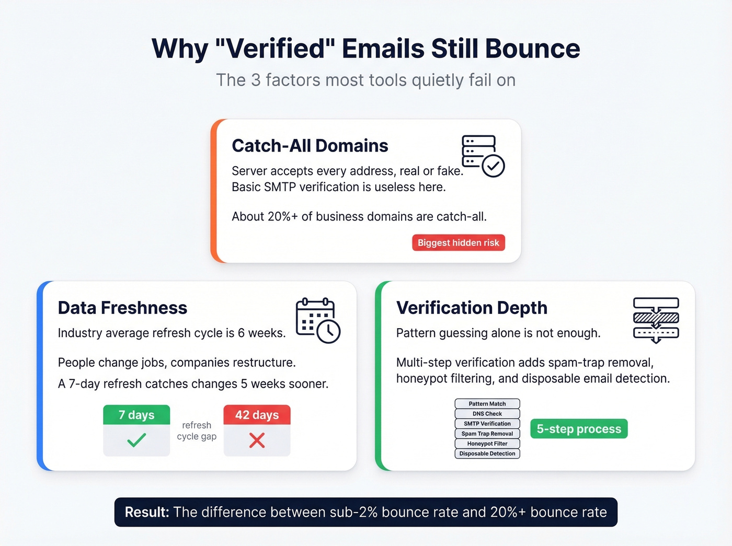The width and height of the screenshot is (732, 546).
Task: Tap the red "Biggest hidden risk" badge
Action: (459, 242)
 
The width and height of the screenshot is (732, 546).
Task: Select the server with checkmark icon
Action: (482, 156)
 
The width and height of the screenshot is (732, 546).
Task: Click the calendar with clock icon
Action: (317, 320)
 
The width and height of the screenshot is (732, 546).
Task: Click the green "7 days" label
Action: (136, 415)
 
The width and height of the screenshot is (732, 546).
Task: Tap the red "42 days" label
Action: (257, 415)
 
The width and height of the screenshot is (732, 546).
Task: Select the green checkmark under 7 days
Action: (136, 440)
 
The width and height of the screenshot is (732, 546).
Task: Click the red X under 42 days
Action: (257, 440)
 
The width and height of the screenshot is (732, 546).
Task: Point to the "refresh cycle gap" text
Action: (197, 431)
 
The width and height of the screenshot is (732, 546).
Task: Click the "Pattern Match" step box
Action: (487, 403)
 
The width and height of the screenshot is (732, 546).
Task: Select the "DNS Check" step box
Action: (487, 413)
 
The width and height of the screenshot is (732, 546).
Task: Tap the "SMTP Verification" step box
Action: (487, 424)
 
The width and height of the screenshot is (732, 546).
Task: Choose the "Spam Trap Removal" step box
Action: (487, 434)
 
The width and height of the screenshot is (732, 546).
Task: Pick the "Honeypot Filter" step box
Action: (487, 444)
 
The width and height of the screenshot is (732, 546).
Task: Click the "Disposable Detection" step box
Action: (487, 454)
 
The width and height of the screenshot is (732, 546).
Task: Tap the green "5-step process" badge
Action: (579, 429)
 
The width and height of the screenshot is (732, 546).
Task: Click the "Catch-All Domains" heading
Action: (310, 146)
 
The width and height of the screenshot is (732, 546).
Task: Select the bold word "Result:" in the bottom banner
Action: (147, 512)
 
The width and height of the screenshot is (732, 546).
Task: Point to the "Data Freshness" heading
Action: (122, 308)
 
